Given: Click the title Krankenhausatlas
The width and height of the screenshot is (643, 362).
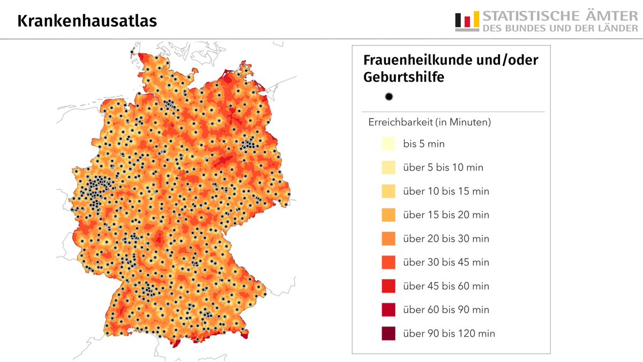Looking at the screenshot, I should click(x=87, y=21).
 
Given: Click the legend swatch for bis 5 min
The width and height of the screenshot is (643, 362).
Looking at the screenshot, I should click(x=388, y=144).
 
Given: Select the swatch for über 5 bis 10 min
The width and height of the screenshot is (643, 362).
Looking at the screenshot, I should click(x=388, y=167).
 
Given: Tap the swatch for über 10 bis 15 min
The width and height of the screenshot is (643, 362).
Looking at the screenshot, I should click(x=388, y=191).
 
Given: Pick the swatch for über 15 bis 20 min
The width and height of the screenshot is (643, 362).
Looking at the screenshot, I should click(x=388, y=215).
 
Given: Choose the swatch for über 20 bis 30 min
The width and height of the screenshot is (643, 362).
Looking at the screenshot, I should click(x=388, y=238).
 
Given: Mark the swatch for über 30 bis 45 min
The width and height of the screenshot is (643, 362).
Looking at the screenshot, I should click(x=388, y=262).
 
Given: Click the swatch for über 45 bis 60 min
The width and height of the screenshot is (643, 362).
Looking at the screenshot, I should click(x=388, y=286).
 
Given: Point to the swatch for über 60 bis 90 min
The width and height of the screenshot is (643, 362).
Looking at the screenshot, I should click(x=388, y=309).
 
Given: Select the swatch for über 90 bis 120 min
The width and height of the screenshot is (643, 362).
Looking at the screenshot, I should click(x=388, y=333).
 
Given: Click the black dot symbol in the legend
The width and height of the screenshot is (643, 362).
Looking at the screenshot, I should click(x=389, y=97).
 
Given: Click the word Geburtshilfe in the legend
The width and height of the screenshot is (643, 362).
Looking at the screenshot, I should click(x=403, y=77).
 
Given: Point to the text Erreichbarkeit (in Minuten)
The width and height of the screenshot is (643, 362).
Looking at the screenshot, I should click(x=430, y=122).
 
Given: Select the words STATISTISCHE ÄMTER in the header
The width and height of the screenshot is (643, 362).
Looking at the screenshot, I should click(x=560, y=16).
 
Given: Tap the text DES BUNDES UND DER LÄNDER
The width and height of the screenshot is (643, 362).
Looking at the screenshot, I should click(x=560, y=28).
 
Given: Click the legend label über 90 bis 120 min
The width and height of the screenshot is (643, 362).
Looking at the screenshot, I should click(x=449, y=333).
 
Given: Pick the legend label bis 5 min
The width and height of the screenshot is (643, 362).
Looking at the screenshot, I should click(x=424, y=144).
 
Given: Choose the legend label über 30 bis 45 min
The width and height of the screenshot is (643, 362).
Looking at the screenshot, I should click(x=446, y=262).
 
